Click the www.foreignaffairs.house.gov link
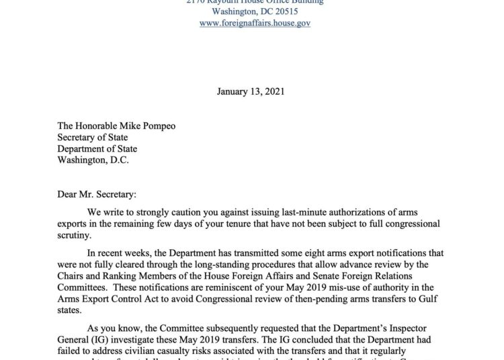point(255,23)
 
